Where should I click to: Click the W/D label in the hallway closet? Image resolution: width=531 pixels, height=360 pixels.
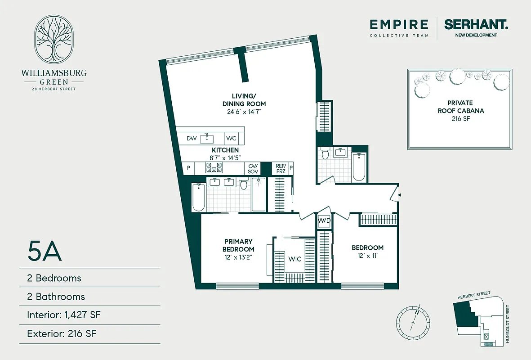[x=324, y=221]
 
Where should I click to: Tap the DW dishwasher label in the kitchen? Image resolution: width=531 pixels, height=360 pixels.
[x=192, y=139]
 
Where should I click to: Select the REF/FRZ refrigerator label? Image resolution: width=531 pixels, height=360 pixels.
[x=281, y=168]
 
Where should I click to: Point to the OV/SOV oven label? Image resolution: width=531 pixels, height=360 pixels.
[x=252, y=168]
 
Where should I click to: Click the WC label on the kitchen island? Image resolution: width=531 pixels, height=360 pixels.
[x=231, y=139]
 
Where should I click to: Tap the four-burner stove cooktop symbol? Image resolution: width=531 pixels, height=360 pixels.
[x=214, y=168]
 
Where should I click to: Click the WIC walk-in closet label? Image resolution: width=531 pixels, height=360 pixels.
[x=295, y=259]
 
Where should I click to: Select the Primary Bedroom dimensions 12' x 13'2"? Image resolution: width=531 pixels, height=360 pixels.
[x=238, y=257]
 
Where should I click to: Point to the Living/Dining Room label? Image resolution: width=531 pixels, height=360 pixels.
[x=243, y=99]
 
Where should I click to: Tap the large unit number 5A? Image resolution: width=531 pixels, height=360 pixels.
[x=45, y=252]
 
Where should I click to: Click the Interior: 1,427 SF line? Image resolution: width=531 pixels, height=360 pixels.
[x=63, y=315]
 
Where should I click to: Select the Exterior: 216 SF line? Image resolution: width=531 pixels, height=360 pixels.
[x=62, y=334]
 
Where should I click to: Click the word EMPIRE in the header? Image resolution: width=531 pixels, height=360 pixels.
[x=399, y=24]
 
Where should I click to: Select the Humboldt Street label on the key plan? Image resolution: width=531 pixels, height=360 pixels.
[x=509, y=324]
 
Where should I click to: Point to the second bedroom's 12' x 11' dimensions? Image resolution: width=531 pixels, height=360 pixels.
[x=367, y=256]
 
